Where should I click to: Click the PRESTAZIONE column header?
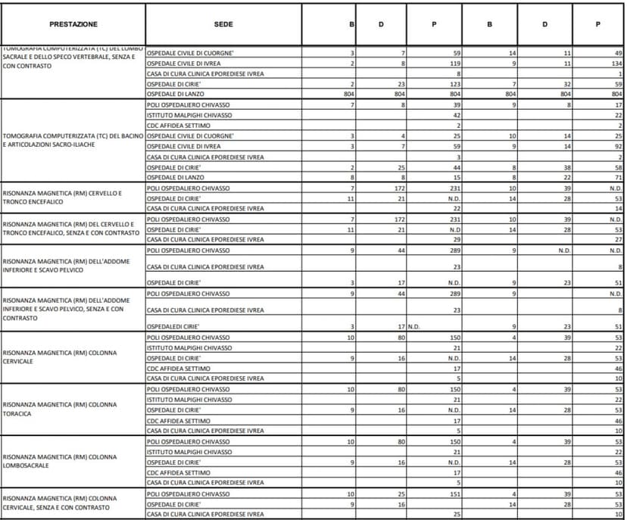(73, 24)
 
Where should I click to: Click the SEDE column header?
(223, 24)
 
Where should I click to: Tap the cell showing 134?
(616, 64)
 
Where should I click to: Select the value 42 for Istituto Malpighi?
(457, 115)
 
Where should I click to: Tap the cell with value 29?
(457, 239)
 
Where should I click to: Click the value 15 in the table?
(457, 177)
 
